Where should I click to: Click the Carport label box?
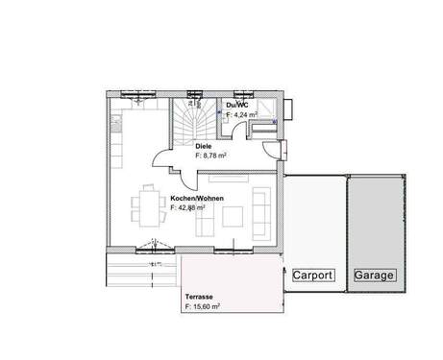(313, 276)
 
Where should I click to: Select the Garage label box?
(374, 276)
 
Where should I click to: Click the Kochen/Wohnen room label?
(198, 198)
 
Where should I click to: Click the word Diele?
(203, 145)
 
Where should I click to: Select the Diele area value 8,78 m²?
(210, 154)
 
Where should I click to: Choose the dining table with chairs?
(148, 204)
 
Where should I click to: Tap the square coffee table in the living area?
(232, 215)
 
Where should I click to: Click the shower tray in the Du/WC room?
(265, 109)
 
